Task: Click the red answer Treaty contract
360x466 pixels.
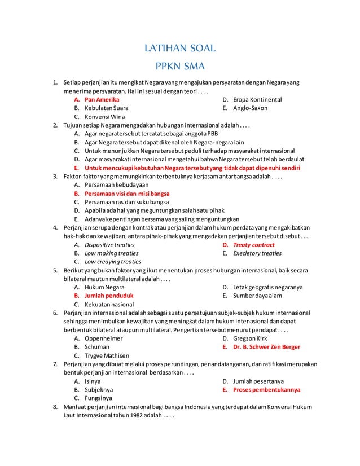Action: click(x=254, y=245)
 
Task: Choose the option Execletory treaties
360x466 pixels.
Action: click(x=257, y=253)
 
